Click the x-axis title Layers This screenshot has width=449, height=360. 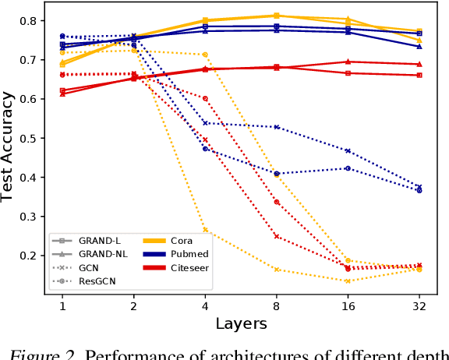[241, 323]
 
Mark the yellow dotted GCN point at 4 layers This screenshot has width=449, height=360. [205, 230]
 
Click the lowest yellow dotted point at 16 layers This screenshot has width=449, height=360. [347, 281]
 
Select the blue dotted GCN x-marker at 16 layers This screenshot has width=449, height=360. [347, 150]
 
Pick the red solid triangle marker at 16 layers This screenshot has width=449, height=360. [347, 62]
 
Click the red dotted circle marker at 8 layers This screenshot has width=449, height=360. [276, 202]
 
